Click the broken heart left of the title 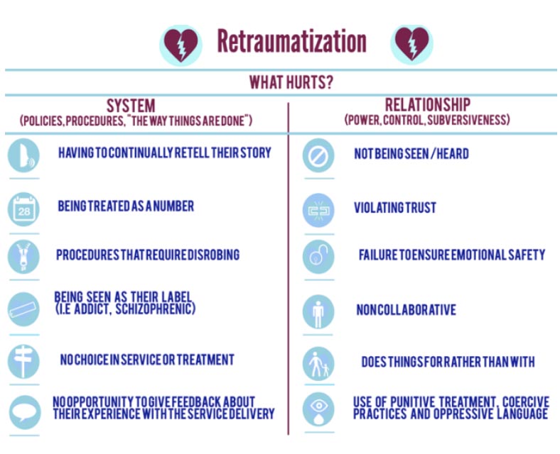181,44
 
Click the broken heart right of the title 411,43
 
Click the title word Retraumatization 292,41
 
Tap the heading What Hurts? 291,82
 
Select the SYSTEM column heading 131,106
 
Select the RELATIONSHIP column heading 428,105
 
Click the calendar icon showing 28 23,209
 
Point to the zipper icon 23,257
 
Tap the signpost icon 23,361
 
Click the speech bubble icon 24,412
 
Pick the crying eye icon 318,409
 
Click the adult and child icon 318,363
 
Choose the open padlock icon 318,257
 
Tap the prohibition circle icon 318,155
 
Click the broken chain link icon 318,210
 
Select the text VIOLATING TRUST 395,207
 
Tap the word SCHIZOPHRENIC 156,309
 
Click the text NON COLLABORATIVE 406,310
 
